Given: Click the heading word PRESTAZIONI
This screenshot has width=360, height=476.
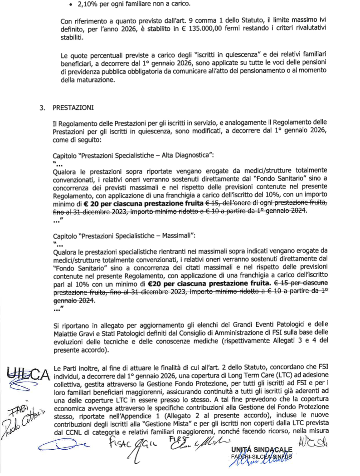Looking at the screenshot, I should point(73,109).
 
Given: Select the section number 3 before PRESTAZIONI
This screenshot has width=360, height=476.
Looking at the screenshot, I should point(43,109).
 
